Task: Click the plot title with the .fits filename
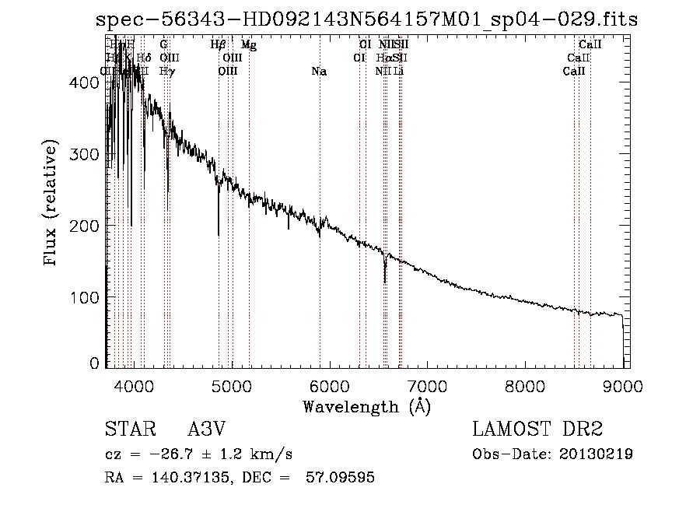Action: (x=366, y=19)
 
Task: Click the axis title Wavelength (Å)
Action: (x=366, y=406)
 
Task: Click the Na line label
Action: (x=319, y=72)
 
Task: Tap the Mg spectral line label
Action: (x=249, y=45)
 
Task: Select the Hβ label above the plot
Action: (x=219, y=45)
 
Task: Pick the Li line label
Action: (x=398, y=72)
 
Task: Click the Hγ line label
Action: (x=166, y=72)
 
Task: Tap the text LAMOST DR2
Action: (x=537, y=430)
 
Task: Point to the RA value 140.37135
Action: (x=186, y=478)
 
